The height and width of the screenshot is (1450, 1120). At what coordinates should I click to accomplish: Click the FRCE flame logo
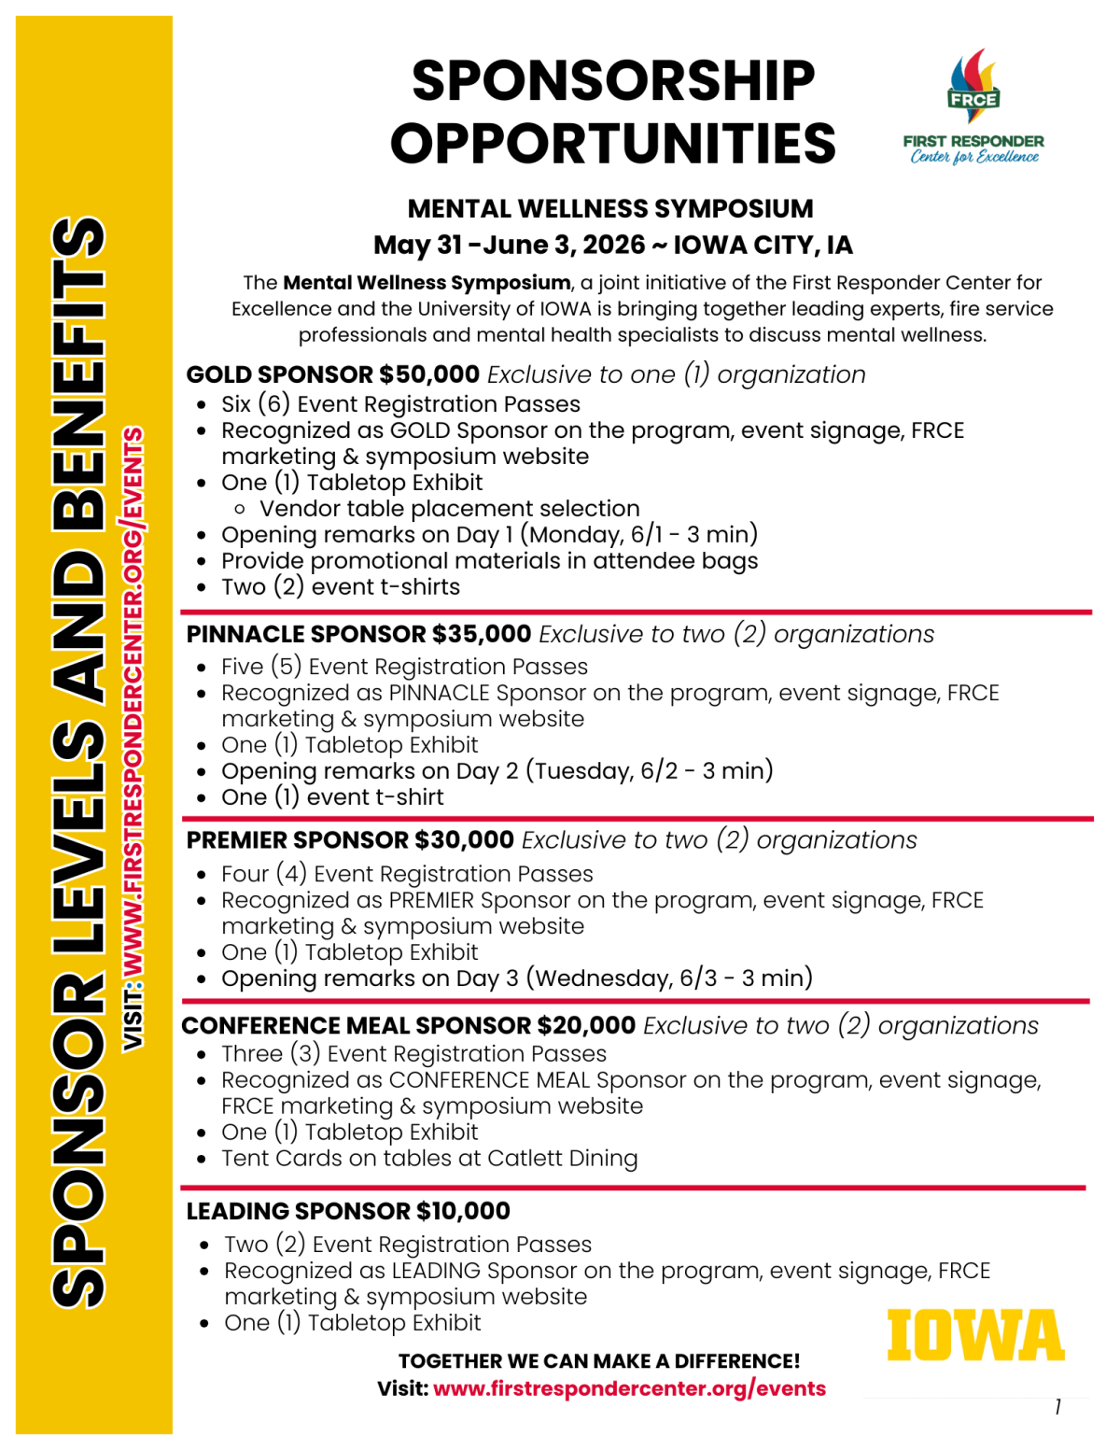(x=973, y=87)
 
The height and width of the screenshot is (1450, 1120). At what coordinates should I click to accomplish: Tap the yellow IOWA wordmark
(x=974, y=1335)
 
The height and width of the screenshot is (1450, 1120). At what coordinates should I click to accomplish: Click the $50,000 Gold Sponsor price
(x=429, y=374)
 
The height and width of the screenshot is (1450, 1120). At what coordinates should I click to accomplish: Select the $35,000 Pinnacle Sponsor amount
(x=482, y=634)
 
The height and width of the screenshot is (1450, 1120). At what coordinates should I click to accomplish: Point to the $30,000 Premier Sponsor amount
(x=464, y=840)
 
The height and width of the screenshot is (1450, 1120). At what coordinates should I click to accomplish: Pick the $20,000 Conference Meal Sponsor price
(x=586, y=1025)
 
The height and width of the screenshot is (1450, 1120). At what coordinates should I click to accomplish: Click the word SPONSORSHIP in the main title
(x=613, y=80)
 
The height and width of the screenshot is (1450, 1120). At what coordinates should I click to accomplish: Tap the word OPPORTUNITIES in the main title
(x=613, y=143)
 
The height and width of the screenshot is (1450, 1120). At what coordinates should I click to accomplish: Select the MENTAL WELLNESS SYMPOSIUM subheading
(x=610, y=208)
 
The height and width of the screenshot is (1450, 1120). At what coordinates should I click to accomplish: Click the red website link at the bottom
(x=629, y=1388)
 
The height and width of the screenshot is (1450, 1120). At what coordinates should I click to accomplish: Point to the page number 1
(x=1057, y=1407)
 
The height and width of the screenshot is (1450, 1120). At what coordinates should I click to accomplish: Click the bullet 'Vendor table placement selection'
(x=449, y=509)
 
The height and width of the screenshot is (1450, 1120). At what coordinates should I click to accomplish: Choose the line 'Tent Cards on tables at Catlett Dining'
(x=429, y=1159)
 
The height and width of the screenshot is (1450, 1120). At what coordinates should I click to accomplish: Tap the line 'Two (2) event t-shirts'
(x=341, y=587)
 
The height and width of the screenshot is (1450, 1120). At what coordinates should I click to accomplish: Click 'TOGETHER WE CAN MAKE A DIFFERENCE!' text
(x=599, y=1361)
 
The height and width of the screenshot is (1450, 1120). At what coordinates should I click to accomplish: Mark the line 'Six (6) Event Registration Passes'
(x=400, y=404)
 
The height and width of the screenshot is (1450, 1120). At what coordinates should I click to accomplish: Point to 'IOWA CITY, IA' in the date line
(x=763, y=246)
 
